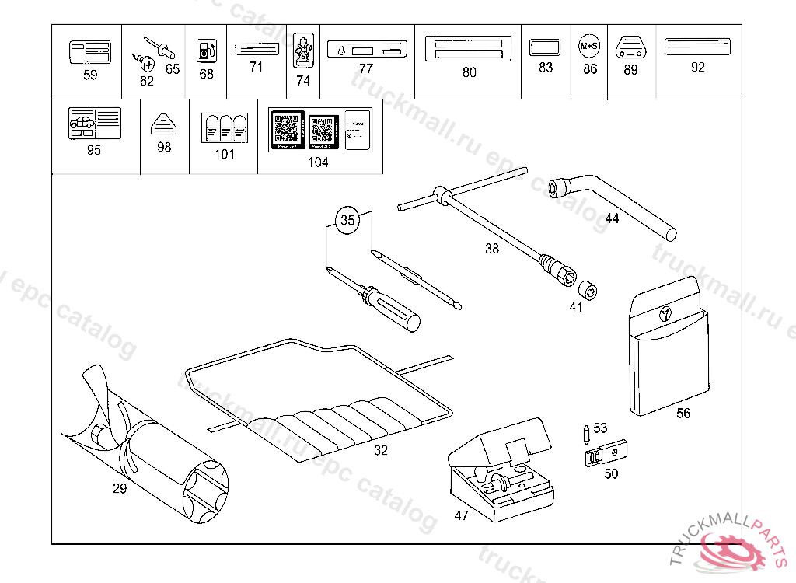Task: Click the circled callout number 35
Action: coord(348,220)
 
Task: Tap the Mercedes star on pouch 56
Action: coord(665,313)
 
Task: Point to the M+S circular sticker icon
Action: coord(590,47)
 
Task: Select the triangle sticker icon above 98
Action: coord(163,124)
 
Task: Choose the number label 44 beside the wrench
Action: coord(612,218)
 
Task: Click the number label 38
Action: coord(492,249)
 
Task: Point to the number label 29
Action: coord(119,488)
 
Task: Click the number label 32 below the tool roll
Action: coord(380,450)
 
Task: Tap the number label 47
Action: coord(461,515)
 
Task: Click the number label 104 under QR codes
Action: coord(318,162)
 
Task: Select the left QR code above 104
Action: coord(286,129)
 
